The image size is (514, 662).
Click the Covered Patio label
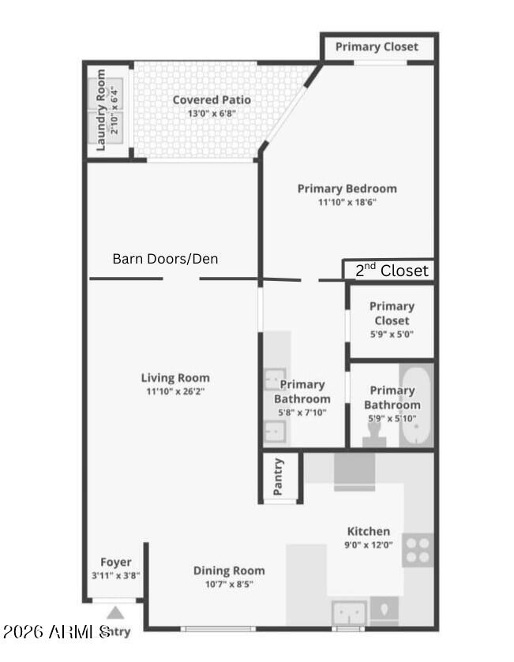point(212,100)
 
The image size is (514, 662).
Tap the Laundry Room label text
point(101,110)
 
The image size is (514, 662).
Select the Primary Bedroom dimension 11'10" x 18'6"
point(347,202)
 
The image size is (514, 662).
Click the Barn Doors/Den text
point(165,258)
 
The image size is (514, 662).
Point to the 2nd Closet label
point(392,271)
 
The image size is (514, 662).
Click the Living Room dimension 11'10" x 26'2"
point(175,391)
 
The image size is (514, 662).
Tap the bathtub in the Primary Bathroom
point(416,405)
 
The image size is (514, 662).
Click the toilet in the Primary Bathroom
point(373,433)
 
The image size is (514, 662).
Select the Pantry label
point(278,477)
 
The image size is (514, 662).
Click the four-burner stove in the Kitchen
point(417,550)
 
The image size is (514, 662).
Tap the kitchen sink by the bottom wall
point(348,612)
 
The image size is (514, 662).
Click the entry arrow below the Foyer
point(115,613)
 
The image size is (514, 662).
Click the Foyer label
point(115,563)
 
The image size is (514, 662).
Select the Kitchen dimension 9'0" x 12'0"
point(368,544)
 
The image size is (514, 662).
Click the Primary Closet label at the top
point(377,47)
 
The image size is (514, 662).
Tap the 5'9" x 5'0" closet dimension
point(392,334)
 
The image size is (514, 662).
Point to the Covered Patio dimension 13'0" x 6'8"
point(211,114)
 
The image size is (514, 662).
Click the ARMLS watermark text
point(57,632)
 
